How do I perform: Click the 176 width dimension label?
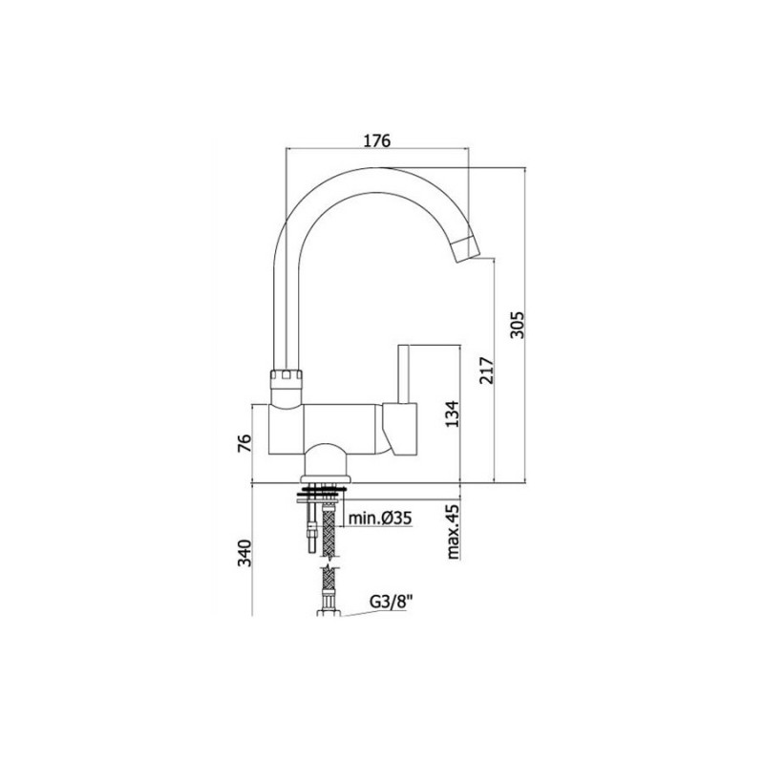(x=378, y=140)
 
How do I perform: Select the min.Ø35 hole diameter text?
(x=379, y=519)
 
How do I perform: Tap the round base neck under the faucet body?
(x=326, y=463)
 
